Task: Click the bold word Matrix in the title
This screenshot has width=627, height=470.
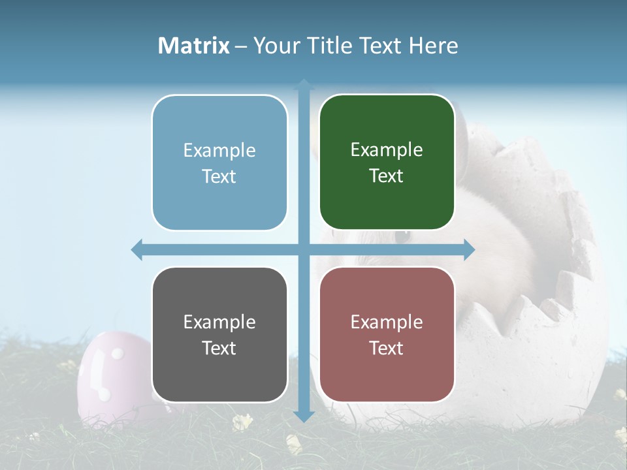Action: (194, 46)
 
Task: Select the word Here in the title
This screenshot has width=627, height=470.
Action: (434, 46)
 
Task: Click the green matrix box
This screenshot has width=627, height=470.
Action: (387, 163)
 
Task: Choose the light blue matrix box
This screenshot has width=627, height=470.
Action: (219, 163)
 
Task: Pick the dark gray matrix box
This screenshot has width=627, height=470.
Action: (219, 334)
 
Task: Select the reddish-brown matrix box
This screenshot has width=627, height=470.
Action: (387, 334)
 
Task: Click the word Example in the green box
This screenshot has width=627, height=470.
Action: (387, 149)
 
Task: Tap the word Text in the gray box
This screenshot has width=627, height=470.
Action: (219, 348)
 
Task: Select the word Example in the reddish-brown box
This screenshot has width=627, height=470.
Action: (387, 322)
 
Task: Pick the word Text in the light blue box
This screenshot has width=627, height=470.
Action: (219, 176)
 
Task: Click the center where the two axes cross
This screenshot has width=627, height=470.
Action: (304, 249)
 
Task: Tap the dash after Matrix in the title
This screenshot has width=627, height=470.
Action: (241, 46)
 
